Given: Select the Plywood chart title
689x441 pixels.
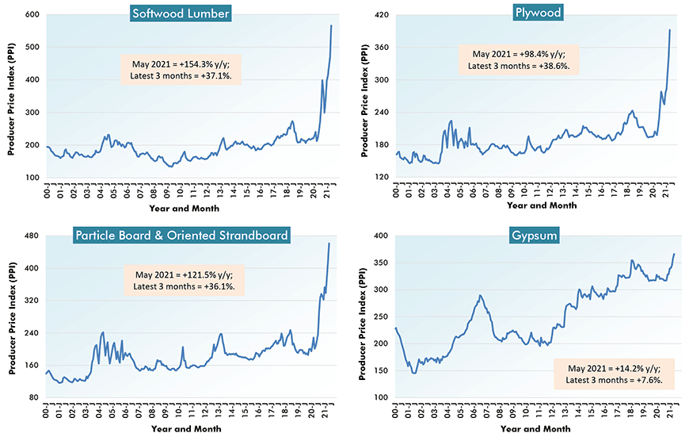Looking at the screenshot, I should point(520,12).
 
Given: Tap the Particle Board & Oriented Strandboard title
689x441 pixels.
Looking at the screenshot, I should point(181,235).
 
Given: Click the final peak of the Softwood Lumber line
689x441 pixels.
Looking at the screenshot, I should point(331,26).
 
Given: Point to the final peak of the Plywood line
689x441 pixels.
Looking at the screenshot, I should point(670,30).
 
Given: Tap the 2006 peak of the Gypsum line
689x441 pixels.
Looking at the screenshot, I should point(480,296).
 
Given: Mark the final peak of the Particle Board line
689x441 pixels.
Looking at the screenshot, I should point(329,244).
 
